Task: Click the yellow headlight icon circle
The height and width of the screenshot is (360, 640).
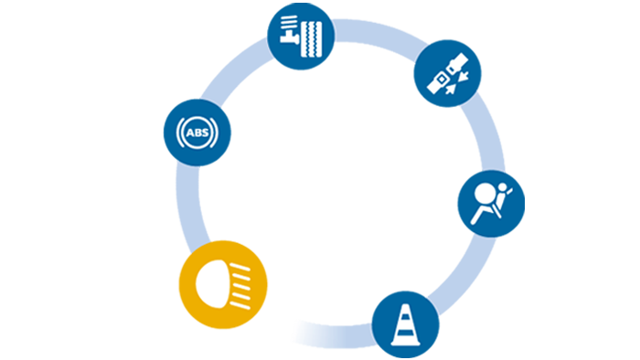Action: coord(223,284)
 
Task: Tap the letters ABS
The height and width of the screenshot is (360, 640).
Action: coord(197,132)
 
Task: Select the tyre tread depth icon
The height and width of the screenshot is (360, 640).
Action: coord(301,37)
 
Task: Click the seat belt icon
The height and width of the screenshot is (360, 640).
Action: coord(447,73)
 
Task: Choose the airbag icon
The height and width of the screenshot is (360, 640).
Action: coord(491,204)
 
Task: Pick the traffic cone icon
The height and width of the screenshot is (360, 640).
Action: coord(405,324)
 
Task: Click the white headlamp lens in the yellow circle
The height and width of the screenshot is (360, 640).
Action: coord(212,284)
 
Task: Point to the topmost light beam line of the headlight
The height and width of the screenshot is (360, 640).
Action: coord(240,268)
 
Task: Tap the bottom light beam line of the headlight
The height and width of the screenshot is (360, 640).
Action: coord(240,305)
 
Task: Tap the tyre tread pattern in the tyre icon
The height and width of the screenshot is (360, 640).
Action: coord(312,39)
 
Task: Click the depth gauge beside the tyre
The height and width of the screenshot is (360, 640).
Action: coord(290,29)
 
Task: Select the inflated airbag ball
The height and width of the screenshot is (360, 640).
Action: coord(485,193)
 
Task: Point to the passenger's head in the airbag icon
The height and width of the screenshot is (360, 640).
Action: coord(503,187)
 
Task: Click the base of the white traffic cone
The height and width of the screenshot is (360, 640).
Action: coord(405,343)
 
